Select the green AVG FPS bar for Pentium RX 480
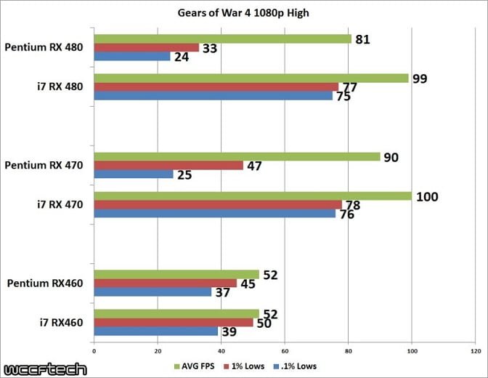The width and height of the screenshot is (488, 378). (x=222, y=39)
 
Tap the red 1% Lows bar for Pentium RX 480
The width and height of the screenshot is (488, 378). (x=146, y=47)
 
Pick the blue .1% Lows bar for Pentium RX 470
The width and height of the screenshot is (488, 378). (x=134, y=174)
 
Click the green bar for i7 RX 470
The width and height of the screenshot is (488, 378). (x=252, y=196)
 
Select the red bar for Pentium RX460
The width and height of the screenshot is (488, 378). (x=166, y=283)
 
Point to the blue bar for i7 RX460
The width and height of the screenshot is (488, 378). (x=156, y=331)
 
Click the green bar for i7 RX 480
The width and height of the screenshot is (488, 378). (x=251, y=78)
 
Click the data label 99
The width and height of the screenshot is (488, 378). (x=420, y=78)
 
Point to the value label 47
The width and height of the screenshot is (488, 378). (x=256, y=165)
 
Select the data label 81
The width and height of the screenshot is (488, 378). (x=362, y=39)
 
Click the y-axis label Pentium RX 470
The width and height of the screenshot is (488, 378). (x=44, y=166)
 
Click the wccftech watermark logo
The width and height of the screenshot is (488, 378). (x=44, y=368)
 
